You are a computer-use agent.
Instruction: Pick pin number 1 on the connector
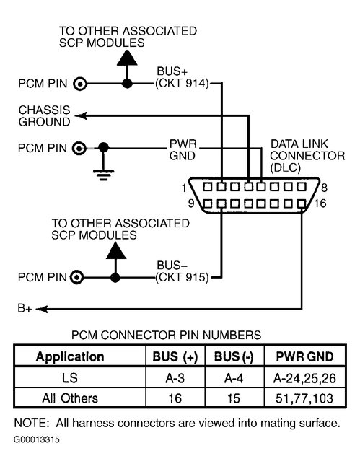[185, 188]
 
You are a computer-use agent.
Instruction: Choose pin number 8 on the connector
[324, 188]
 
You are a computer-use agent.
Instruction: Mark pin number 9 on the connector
[190, 204]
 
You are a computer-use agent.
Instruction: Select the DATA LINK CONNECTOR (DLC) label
[296, 155]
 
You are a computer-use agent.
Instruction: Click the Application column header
[70, 357]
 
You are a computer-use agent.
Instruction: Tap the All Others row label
[70, 398]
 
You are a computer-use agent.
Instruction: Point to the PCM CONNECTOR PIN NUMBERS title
[166, 335]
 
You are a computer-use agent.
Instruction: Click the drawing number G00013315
[37, 438]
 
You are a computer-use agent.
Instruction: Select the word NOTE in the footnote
[30, 422]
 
